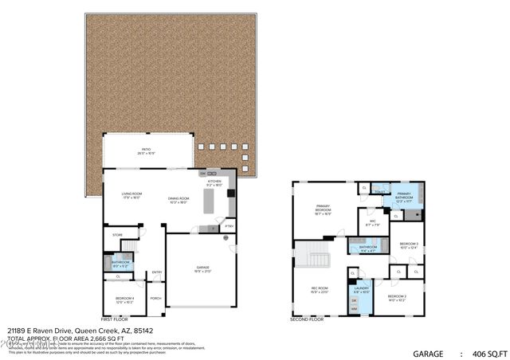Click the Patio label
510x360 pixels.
pos(147,150)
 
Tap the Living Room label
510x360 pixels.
pos(131,195)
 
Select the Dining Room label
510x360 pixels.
pos(178,200)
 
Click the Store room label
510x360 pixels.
pos(117,235)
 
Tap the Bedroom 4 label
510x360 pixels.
pos(124,299)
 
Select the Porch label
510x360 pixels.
pos(155,299)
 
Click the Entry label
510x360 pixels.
pos(157,273)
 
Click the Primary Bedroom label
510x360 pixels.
pos(322,211)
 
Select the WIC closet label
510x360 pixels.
pos(372,223)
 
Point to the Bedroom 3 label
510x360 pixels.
pos(409,245)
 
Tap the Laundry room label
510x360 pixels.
pos(362,289)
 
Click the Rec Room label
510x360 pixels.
pos(320,290)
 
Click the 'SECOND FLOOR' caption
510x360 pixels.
pos(307,319)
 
